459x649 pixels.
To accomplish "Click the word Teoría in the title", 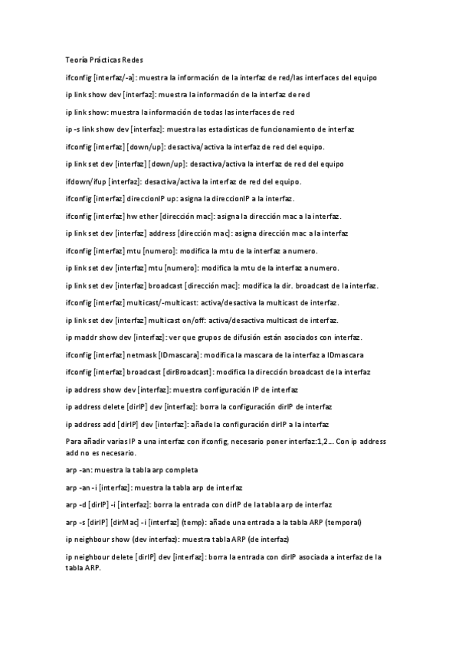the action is point(76,60).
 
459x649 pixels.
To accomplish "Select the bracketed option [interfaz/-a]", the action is point(115,77).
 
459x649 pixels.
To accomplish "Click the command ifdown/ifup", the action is point(86,181).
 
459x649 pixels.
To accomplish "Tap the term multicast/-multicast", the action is point(158,303).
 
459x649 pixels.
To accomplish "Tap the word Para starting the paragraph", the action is point(74,442).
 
